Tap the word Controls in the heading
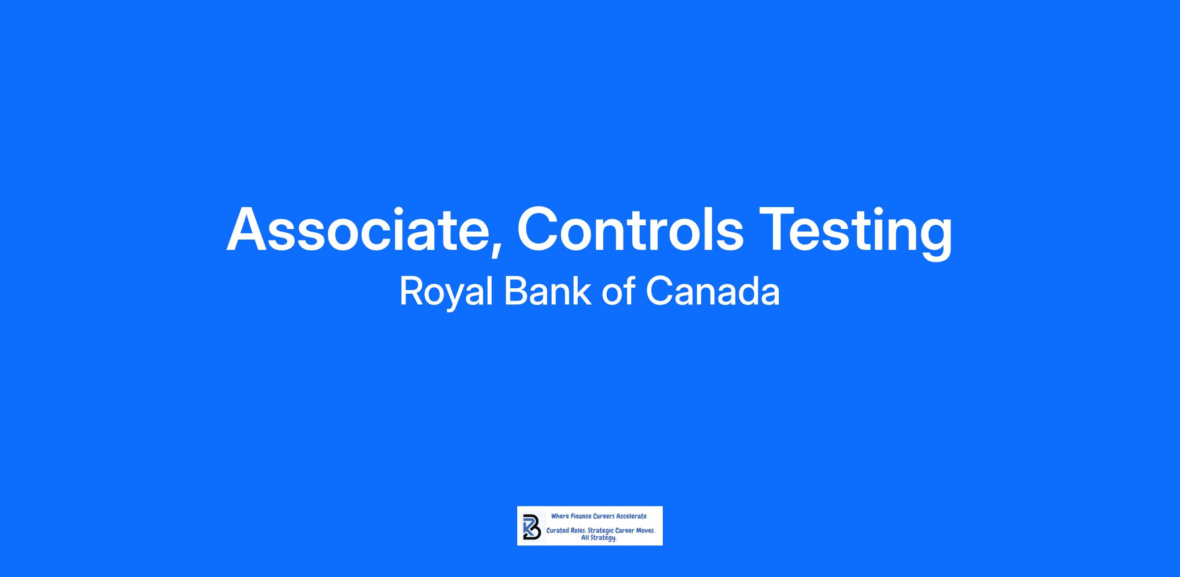(x=630, y=229)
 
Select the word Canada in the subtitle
(x=712, y=291)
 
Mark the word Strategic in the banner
(x=601, y=531)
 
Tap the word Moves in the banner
(x=645, y=531)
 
